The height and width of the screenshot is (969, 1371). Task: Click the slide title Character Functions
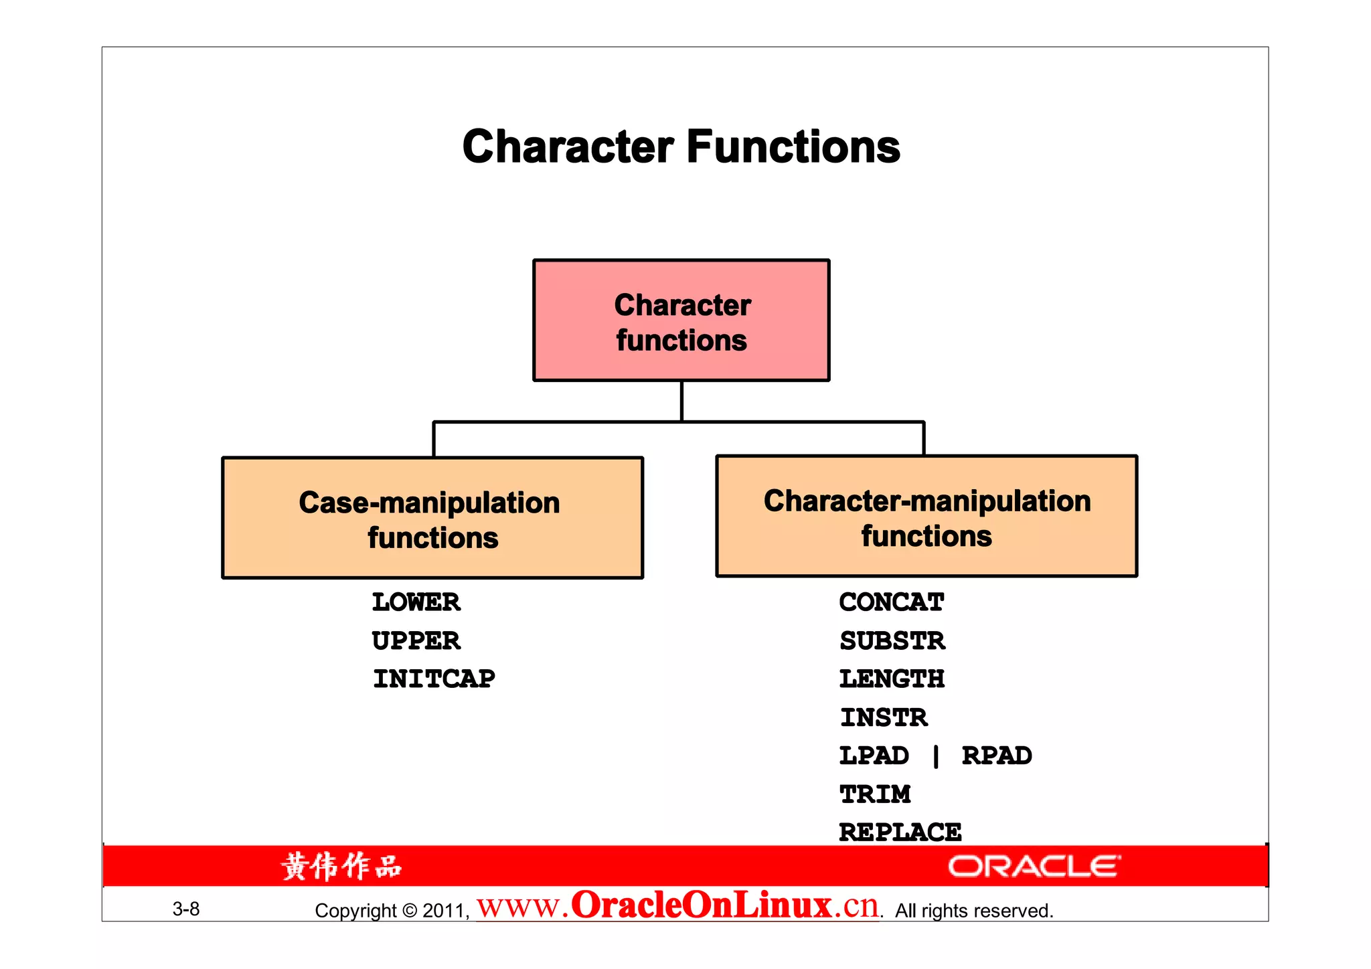pos(681,147)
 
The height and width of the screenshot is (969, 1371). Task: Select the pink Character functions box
pos(681,321)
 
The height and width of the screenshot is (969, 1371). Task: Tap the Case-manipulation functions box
pos(432,519)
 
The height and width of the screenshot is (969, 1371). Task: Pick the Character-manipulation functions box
pos(926,517)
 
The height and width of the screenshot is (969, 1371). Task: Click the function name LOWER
pos(416,602)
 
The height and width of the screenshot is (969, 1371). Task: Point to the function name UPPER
pos(416,641)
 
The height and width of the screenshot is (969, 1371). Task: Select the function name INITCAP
pos(434,679)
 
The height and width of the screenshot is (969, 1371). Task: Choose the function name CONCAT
pos(891,602)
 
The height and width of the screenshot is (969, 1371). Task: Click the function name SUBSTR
pos(892,641)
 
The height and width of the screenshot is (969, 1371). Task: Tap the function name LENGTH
pos(891,679)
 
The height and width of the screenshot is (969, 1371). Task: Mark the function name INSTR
pos(884,718)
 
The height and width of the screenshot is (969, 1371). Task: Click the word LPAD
pos(874,756)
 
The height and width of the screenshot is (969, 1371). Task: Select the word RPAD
pos(996,756)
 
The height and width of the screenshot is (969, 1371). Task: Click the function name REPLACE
pos(900,832)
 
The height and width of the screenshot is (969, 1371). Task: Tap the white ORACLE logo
pos(1034,866)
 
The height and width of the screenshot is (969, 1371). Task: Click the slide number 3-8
pos(186,909)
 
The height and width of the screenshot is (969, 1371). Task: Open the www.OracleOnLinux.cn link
pos(677,906)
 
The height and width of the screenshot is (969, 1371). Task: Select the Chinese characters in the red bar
pos(341,867)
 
